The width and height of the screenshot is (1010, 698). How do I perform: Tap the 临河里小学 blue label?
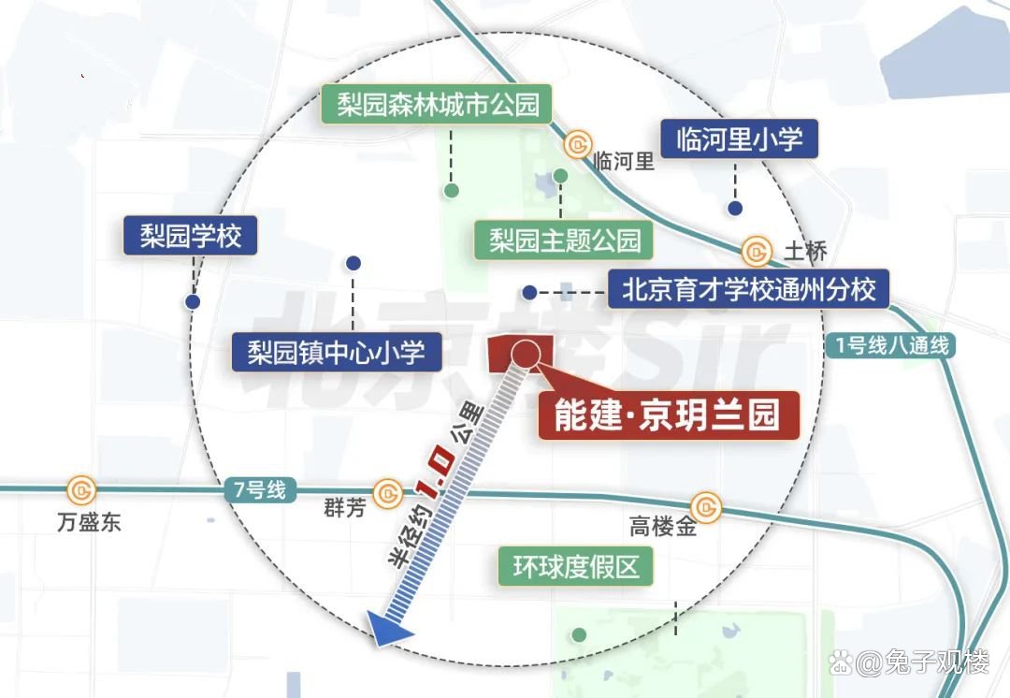(x=739, y=140)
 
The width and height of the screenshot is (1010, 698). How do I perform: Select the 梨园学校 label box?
(x=191, y=236)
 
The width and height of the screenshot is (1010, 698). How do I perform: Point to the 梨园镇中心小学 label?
(x=336, y=353)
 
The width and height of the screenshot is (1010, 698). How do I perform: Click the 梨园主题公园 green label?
(x=564, y=241)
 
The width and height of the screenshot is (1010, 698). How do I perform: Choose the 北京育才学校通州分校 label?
(x=749, y=290)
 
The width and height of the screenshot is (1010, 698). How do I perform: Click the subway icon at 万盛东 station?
(x=80, y=489)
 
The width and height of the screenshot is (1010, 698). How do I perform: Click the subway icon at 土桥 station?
(x=756, y=251)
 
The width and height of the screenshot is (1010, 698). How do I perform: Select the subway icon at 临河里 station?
(x=578, y=144)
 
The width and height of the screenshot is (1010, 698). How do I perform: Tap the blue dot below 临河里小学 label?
(x=736, y=208)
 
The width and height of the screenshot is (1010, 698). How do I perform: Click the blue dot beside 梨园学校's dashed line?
(x=193, y=301)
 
